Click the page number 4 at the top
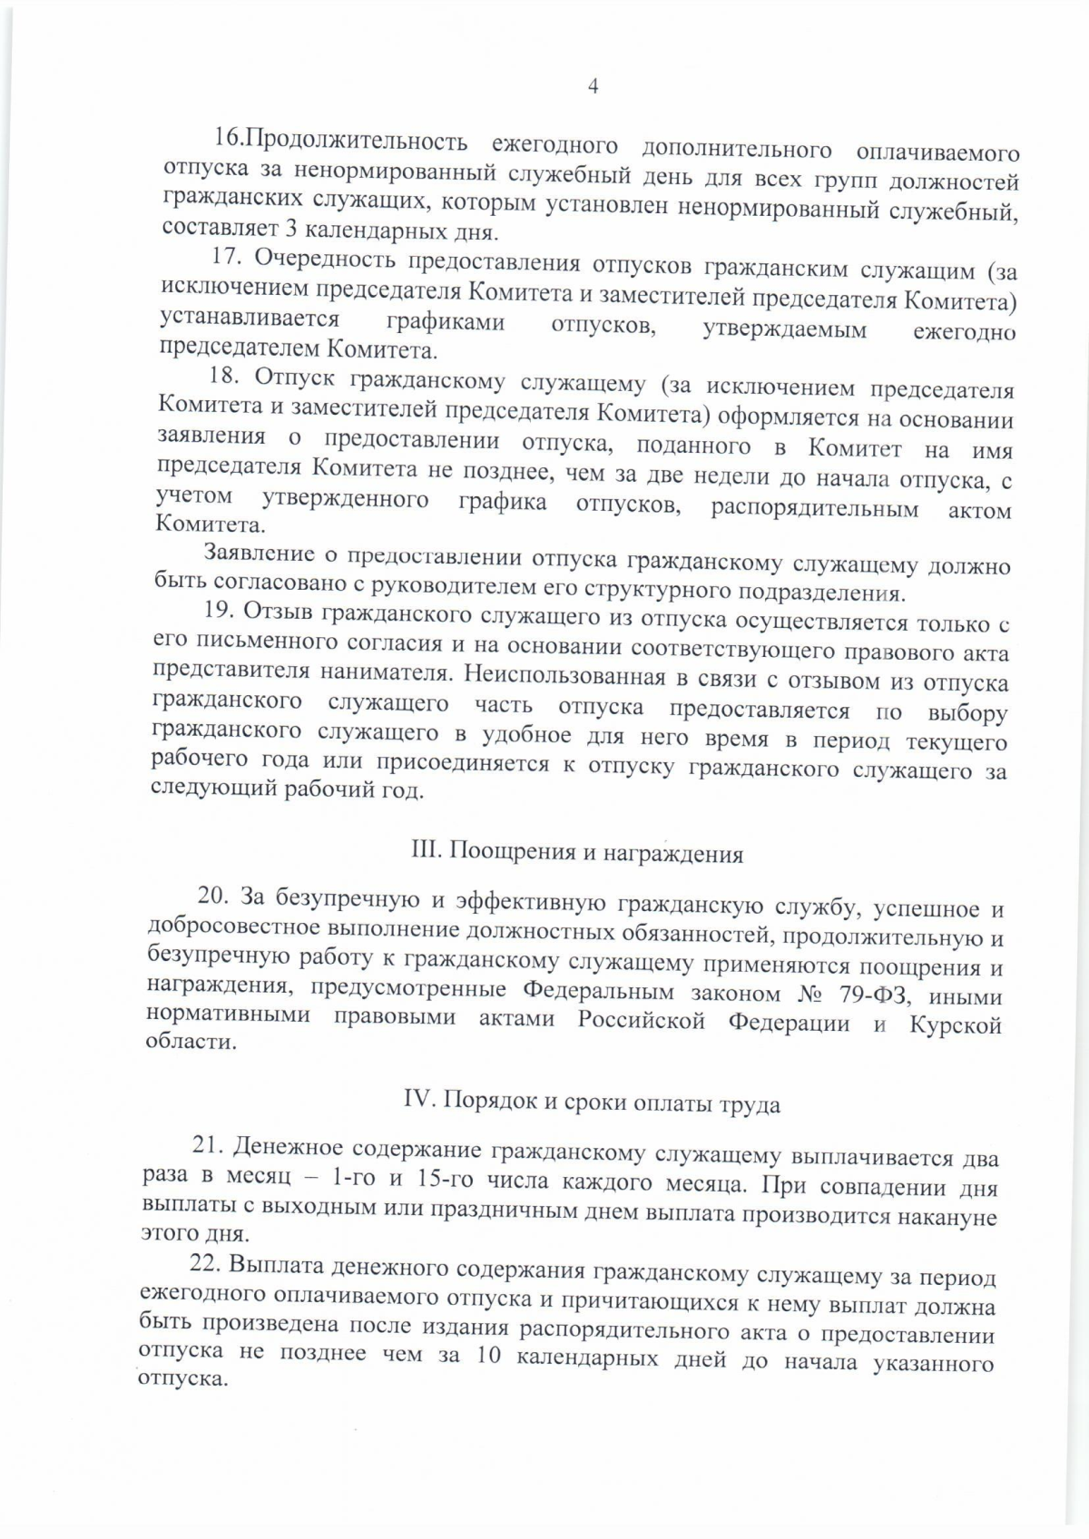pyautogui.click(x=593, y=87)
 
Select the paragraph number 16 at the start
pyautogui.click(x=224, y=139)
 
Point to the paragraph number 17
pyautogui.click(x=225, y=258)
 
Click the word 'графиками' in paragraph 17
pyautogui.click(x=446, y=321)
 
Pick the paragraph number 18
pyautogui.click(x=224, y=377)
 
